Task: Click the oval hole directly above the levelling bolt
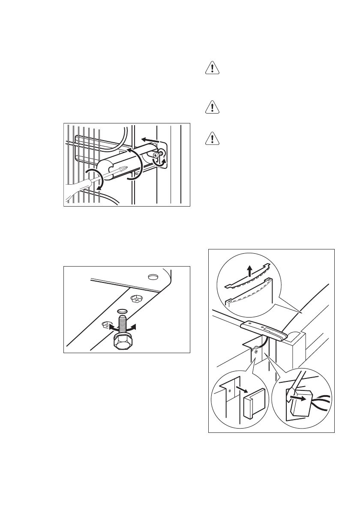click(x=122, y=312)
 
